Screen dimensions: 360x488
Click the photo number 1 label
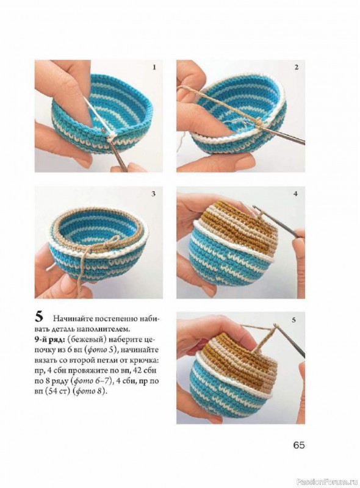click(154, 67)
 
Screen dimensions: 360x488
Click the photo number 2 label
click(297, 67)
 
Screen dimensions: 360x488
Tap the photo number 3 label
click(153, 193)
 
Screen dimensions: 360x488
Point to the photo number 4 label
click(295, 193)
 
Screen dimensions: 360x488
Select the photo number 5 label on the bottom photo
click(293, 320)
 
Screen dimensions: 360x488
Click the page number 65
click(298, 445)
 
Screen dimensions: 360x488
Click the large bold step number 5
click(39, 317)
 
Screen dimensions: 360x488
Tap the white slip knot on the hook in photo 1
click(110, 138)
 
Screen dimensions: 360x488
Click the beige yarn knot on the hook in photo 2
click(259, 123)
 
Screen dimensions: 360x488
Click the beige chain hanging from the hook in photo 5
click(265, 339)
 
